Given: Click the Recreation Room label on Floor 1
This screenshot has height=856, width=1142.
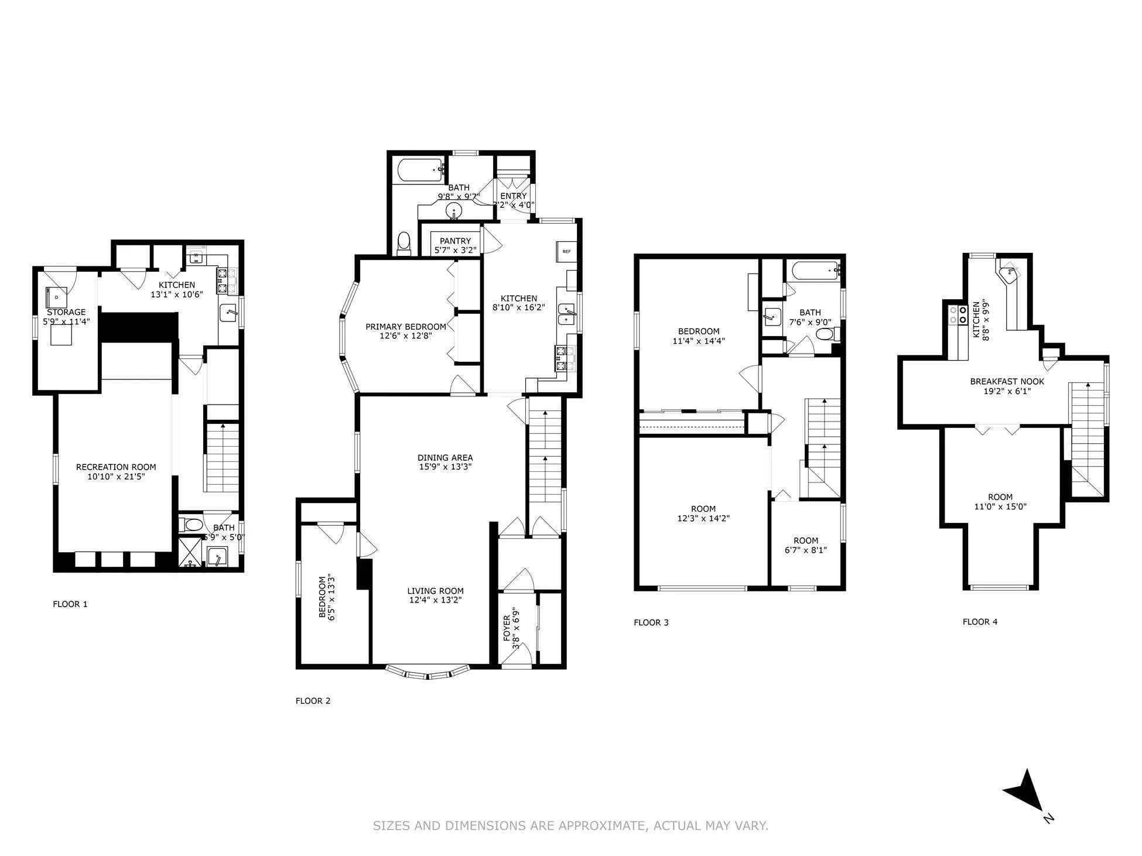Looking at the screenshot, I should [x=116, y=467].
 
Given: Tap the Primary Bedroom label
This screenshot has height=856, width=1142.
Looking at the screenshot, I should [x=405, y=327].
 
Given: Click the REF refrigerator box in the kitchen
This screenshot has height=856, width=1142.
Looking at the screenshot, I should [x=566, y=252].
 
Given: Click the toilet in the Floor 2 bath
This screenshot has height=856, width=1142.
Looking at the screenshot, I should [x=404, y=243].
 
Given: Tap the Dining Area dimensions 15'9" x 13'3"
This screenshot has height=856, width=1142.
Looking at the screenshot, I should [x=445, y=467].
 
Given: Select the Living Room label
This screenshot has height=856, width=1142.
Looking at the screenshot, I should [x=435, y=591].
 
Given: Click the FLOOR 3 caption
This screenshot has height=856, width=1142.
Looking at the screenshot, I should [x=651, y=622].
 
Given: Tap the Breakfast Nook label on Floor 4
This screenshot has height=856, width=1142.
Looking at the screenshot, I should [x=1007, y=382].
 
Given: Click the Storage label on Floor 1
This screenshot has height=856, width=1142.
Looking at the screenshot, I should [x=66, y=313].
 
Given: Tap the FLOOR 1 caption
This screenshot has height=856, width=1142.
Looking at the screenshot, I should [x=70, y=604].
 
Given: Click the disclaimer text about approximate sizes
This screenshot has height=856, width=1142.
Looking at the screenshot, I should [x=570, y=826].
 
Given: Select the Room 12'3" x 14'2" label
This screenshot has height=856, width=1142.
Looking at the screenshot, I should [x=703, y=509].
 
